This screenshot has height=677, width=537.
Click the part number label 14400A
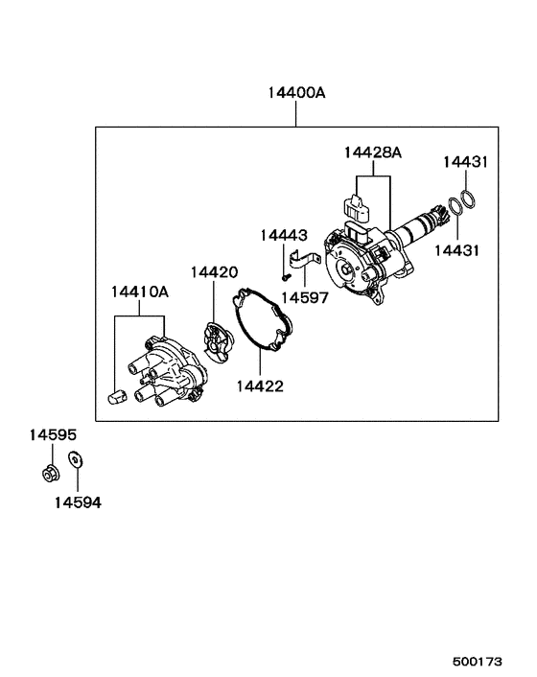pyautogui.click(x=296, y=92)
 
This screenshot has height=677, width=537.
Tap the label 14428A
pyautogui.click(x=372, y=152)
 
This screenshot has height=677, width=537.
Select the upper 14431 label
pyautogui.click(x=465, y=162)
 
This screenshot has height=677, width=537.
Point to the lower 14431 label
pyautogui.click(x=456, y=250)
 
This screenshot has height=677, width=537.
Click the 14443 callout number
pyautogui.click(x=284, y=235)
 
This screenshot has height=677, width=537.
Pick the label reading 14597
pyautogui.click(x=305, y=297)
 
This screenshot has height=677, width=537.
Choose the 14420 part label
pyautogui.click(x=214, y=272)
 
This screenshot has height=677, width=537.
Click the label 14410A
pyautogui.click(x=140, y=292)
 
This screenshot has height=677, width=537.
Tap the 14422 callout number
pyautogui.click(x=260, y=386)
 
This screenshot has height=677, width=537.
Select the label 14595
pyautogui.click(x=53, y=434)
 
